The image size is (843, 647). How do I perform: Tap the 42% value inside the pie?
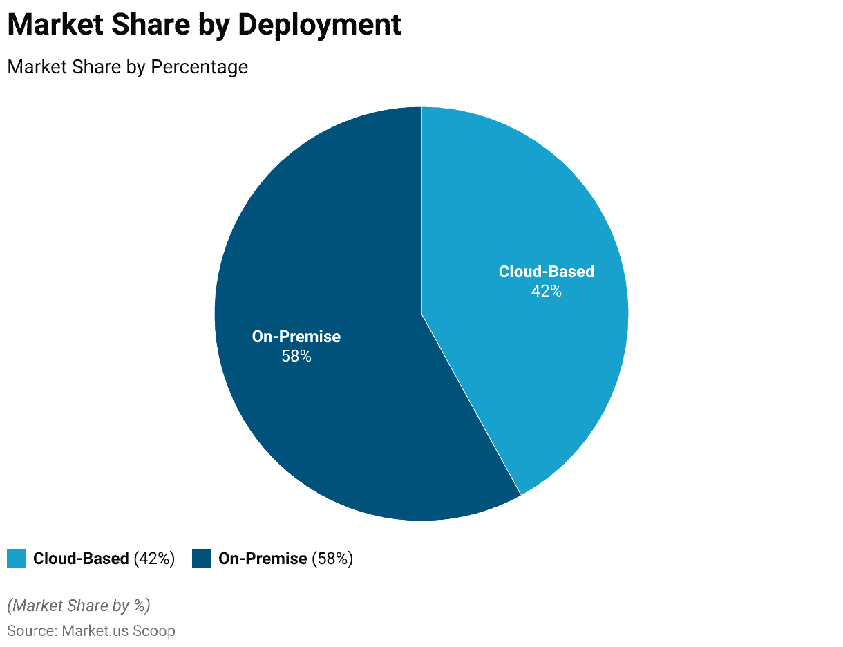point(546,292)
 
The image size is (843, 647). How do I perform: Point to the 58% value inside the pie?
point(296,357)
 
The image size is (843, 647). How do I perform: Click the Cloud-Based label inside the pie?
point(546,272)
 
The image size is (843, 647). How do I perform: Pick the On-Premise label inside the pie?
point(296,337)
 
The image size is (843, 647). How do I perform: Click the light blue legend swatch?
point(17,559)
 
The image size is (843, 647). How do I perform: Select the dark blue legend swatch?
point(202,559)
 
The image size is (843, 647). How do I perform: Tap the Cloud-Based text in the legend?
point(81,559)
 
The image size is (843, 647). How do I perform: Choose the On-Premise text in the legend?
point(263,559)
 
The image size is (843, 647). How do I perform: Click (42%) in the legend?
point(154,559)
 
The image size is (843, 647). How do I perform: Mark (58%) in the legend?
point(332,559)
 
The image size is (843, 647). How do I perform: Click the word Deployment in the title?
point(319,25)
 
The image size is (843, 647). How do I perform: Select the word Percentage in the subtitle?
point(200,67)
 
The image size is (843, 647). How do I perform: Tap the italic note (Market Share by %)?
point(79,606)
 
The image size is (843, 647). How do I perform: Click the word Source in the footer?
point(30,631)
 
